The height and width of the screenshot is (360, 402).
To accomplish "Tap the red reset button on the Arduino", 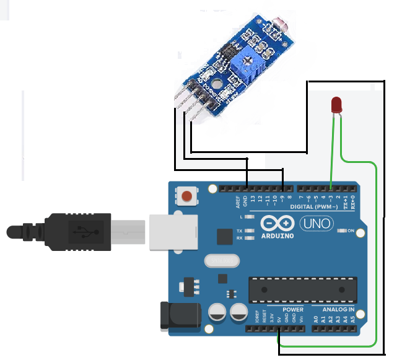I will pyautogui.click(x=186, y=197).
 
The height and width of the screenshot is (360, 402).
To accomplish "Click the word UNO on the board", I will pyautogui.click(x=316, y=224).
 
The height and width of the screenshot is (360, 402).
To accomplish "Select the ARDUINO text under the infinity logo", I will pyautogui.click(x=276, y=235).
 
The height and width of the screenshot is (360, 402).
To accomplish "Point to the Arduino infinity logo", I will pyautogui.click(x=276, y=223).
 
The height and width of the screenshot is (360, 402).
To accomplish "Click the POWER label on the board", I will pyautogui.click(x=293, y=309).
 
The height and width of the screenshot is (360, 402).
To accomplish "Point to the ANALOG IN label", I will pyautogui.click(x=338, y=309).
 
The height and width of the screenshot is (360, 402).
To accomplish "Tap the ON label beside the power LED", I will pyautogui.click(x=350, y=231).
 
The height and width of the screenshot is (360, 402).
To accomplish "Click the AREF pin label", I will pyautogui.click(x=237, y=201).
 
